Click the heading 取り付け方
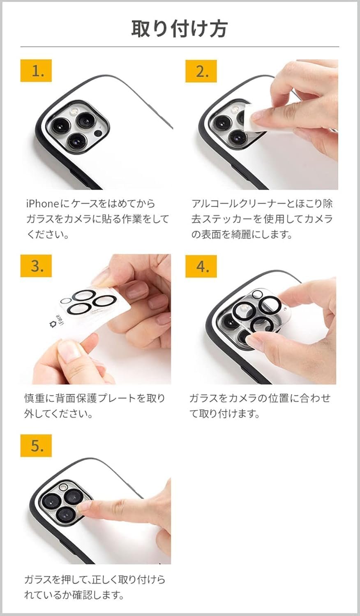(180, 29)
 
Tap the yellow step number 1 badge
(36, 71)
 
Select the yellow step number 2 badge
(201, 71)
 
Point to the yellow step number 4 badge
(201, 266)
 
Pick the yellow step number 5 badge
(36, 445)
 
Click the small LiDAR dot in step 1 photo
(98, 134)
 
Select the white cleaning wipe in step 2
(251, 119)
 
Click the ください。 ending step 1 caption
(48, 234)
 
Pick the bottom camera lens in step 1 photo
(76, 140)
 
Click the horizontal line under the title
(180, 47)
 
